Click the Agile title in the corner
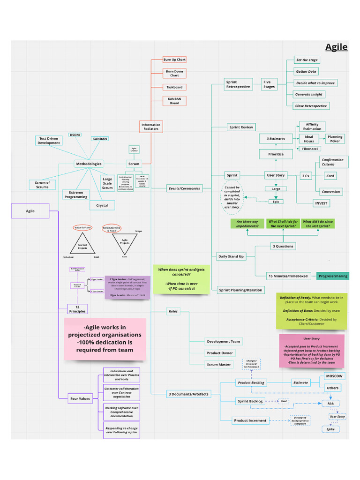click(337, 47)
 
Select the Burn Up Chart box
click(174, 60)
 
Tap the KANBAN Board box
click(174, 101)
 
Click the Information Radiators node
click(151, 127)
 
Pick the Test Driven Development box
click(49, 141)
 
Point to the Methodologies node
click(89, 164)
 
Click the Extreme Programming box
click(75, 195)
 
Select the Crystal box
click(102, 205)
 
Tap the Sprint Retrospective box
click(238, 84)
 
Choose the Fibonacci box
click(310, 149)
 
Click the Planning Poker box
click(335, 139)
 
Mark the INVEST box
click(322, 203)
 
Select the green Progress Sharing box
click(333, 276)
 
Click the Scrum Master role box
click(218, 364)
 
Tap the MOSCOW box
click(334, 376)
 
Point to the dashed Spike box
click(328, 429)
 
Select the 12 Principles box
click(77, 309)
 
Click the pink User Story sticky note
click(311, 351)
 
